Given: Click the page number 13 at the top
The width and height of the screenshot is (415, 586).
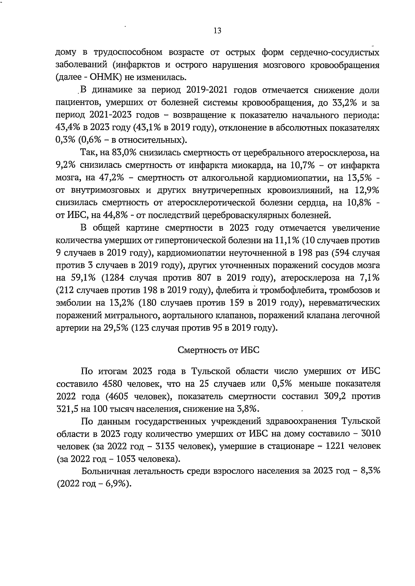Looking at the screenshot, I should pos(218,31).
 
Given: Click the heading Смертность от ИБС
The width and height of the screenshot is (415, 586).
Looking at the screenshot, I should pos(218,350).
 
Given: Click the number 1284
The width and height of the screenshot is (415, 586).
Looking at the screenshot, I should pos(114,278).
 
